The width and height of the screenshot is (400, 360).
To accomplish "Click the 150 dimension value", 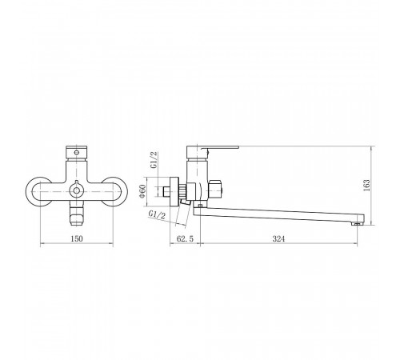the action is point(77,238).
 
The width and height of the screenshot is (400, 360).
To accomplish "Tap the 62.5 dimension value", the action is point(185,238).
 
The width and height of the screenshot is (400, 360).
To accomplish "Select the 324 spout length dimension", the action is point(278,238).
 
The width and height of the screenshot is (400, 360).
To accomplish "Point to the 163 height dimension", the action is point(366,185).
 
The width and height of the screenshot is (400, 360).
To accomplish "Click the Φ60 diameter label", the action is point(142,191).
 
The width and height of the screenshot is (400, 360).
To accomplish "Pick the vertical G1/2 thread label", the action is point(154,160).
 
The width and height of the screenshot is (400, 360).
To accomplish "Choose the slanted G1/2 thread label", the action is point(157,215).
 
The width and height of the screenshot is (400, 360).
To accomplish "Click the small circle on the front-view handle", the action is point(77,153).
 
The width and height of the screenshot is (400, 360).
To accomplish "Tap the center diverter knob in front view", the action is point(77,190).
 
